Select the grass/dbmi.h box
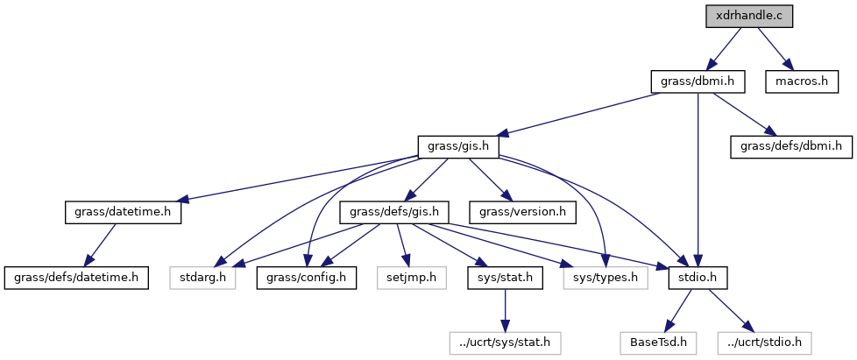[x=698, y=81]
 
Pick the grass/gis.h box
[x=458, y=146]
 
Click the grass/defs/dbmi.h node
[x=790, y=146]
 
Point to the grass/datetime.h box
[x=123, y=212]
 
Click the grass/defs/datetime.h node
[x=74, y=278]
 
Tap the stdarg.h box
[x=202, y=278]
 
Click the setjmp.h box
[x=406, y=278]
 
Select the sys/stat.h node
[x=504, y=278]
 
